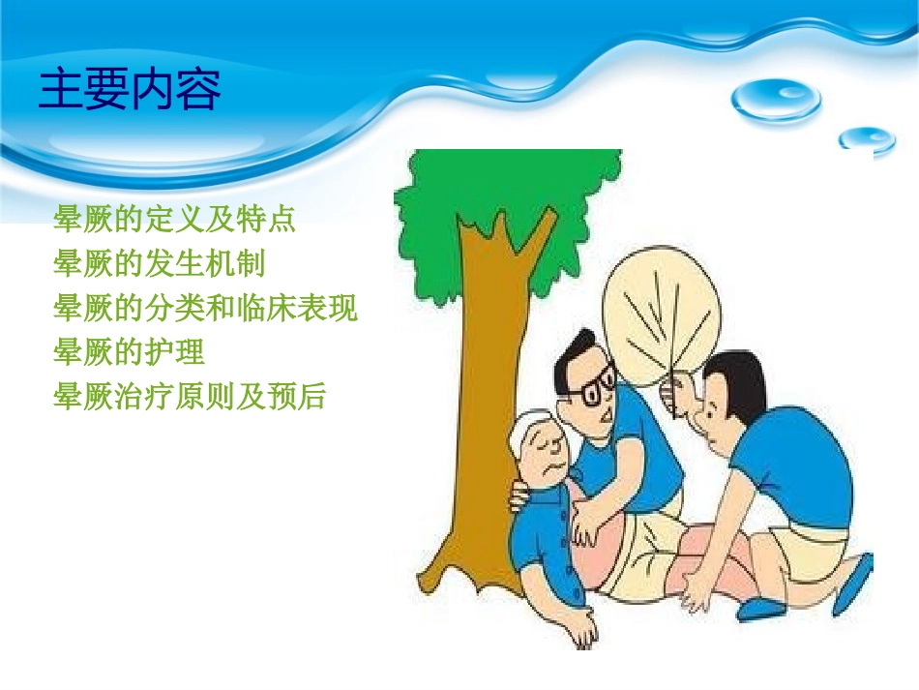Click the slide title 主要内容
(130, 90)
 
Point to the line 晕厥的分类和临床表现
(205, 309)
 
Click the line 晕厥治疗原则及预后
(190, 397)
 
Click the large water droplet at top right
(776, 98)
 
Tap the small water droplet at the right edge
(867, 139)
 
